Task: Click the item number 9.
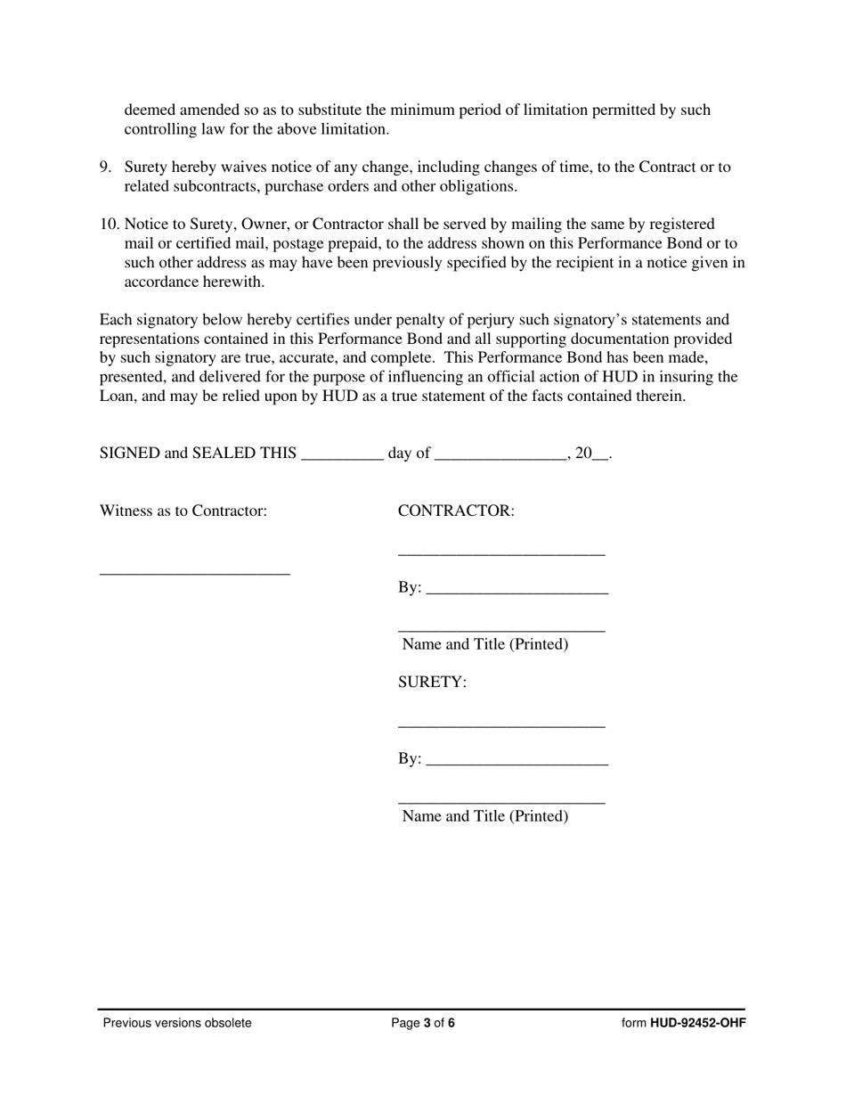[x=104, y=168]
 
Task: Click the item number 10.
[x=108, y=225]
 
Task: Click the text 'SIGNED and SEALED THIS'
[x=198, y=454]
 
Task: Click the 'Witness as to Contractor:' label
[x=183, y=511]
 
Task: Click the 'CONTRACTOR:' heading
[x=456, y=511]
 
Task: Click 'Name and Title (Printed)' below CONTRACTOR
[x=485, y=644]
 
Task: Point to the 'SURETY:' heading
[x=432, y=683]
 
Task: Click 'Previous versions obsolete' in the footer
[x=177, y=1023]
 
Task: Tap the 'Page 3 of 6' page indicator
[x=423, y=1023]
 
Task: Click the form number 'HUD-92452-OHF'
[x=697, y=1023]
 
